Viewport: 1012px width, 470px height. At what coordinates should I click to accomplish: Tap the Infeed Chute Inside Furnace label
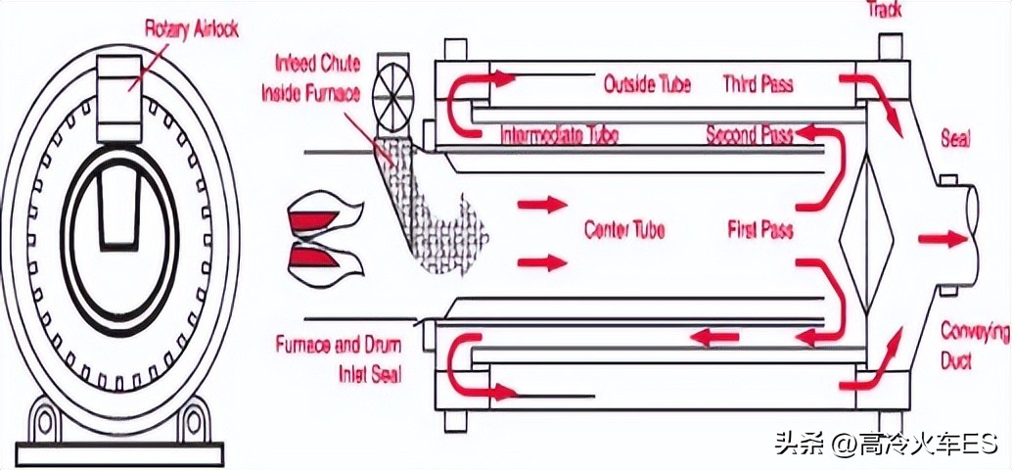pos(310,78)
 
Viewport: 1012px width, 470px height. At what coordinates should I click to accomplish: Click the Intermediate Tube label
pos(559,134)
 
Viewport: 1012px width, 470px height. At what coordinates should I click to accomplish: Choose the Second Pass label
pos(749,134)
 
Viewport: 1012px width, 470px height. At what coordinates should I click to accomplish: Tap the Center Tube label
pos(624,230)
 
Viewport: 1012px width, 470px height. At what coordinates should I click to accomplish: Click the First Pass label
pos(759,230)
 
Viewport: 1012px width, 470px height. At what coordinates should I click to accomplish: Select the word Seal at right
pos(954,139)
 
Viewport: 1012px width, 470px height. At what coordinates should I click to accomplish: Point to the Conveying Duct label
pos(973,345)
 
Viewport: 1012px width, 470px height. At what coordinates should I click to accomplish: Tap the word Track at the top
pos(885,10)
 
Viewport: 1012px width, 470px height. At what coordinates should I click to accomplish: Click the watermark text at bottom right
pos(884,445)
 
